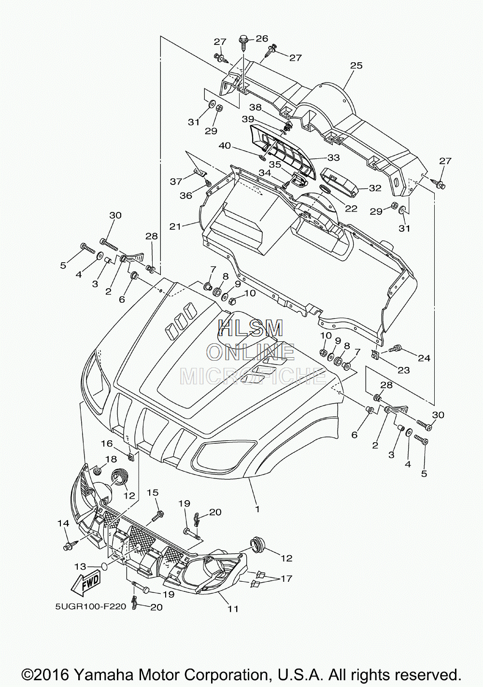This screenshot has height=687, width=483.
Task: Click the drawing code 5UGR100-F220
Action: (90, 607)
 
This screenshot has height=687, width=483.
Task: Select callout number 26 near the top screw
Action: (261, 38)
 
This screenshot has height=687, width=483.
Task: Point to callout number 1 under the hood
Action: (257, 509)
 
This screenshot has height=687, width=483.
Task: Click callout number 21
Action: (175, 226)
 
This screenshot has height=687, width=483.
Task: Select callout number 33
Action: (334, 158)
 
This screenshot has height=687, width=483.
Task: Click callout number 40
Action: (233, 146)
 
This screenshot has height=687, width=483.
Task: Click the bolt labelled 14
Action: (70, 546)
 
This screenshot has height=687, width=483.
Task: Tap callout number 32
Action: (375, 188)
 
